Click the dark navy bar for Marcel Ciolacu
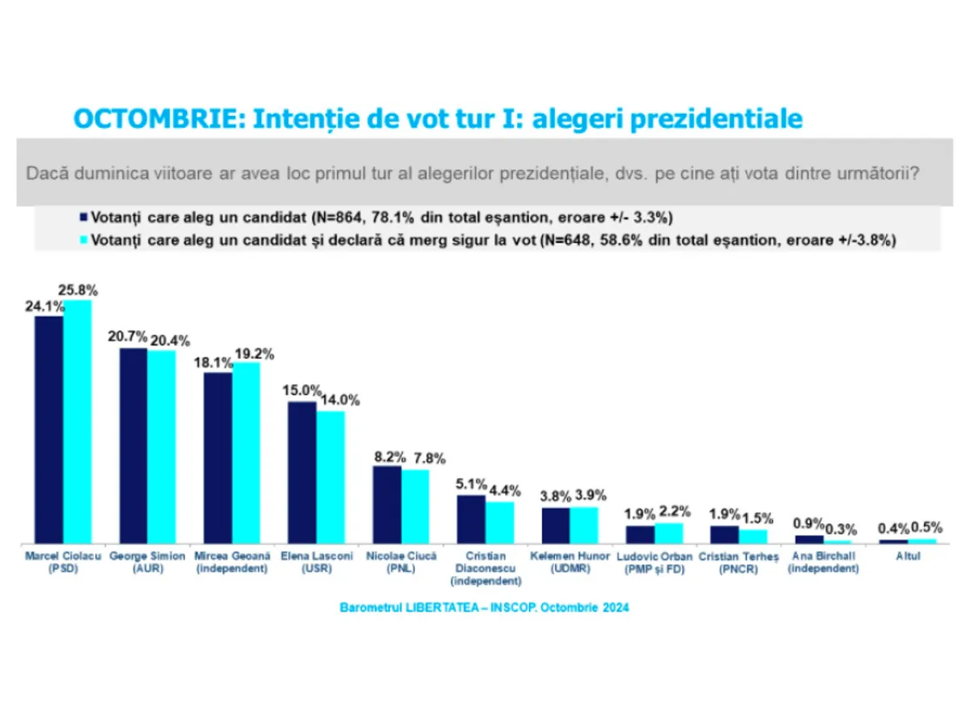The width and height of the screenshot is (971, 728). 49,429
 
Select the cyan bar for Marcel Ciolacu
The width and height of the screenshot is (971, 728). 78,421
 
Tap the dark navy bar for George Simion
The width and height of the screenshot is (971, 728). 134,445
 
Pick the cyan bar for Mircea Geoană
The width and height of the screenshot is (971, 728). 247,452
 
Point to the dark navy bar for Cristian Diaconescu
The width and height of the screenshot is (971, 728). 472,518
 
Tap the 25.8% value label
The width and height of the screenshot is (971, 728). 78,290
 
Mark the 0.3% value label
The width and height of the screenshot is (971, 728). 842,529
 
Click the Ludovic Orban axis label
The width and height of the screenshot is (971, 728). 655,562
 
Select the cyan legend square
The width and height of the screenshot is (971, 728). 84,240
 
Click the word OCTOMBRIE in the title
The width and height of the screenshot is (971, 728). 157,119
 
